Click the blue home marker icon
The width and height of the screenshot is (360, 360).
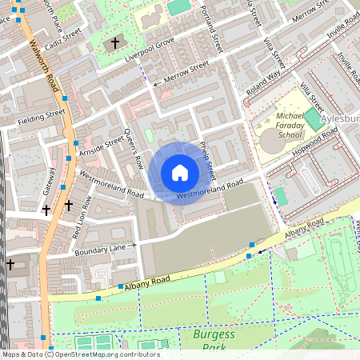[180, 173]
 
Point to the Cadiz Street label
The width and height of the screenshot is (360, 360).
[63, 39]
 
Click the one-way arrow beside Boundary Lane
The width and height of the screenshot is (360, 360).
[134, 244]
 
